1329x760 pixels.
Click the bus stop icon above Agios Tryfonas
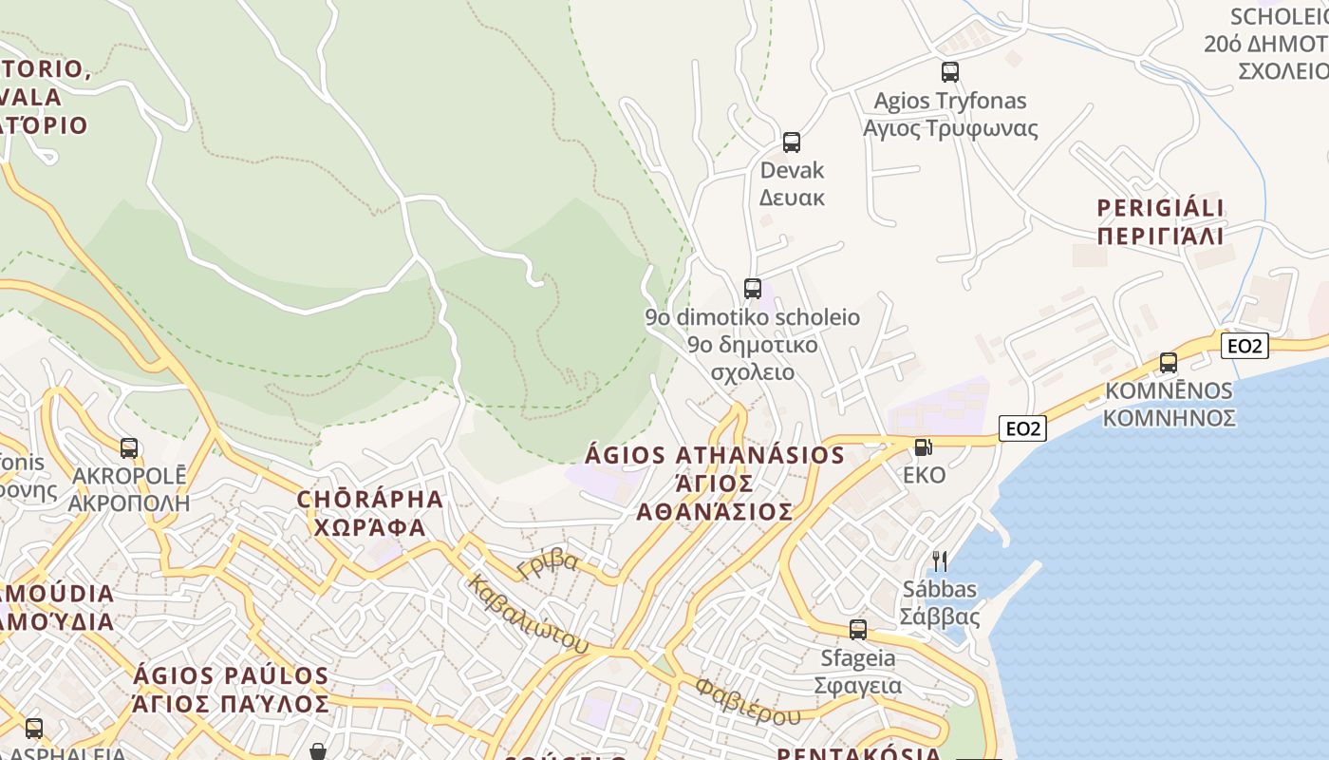click(949, 71)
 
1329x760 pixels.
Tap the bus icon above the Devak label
click(791, 142)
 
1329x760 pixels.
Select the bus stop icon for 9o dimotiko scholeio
click(753, 288)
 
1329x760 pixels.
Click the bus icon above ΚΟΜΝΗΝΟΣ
click(1168, 363)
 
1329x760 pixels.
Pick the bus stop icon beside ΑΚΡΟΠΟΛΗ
click(129, 448)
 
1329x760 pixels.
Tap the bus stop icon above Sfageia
click(857, 629)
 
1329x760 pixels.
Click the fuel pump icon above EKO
click(922, 446)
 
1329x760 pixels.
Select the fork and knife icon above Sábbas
click(939, 560)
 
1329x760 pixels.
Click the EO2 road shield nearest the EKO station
click(1022, 429)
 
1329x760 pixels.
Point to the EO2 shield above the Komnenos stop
click(1245, 346)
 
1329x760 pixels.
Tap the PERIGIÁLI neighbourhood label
click(1160, 221)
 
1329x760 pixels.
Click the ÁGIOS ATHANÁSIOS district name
click(714, 483)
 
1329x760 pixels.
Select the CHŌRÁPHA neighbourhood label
click(370, 513)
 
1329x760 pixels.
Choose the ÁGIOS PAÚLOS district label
click(231, 690)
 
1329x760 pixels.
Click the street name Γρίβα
click(548, 563)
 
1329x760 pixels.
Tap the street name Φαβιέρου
click(747, 701)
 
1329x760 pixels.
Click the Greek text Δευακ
click(792, 198)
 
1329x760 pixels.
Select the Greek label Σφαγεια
click(857, 686)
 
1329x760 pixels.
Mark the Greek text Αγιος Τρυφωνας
click(950, 128)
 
